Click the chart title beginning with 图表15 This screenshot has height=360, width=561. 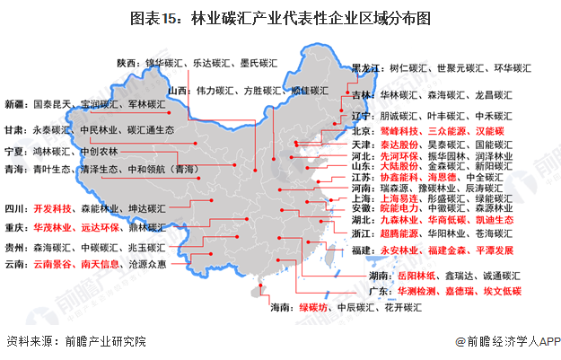(x=281, y=17)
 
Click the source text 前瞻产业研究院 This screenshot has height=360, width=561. (x=92, y=342)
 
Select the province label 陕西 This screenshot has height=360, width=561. (x=128, y=63)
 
